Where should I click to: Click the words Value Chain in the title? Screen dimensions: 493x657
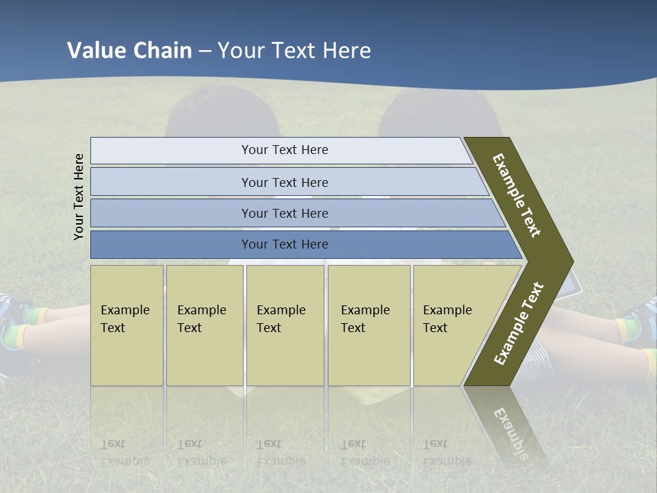coord(129,51)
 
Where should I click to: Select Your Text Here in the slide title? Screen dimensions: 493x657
coord(294,51)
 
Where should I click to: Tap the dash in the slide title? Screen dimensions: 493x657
coord(205,51)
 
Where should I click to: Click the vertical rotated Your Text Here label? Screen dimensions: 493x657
coord(79,197)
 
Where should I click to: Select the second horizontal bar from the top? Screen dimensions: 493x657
coord(284,182)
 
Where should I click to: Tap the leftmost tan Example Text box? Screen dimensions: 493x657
coord(127,325)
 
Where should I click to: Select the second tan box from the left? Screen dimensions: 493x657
coord(204,325)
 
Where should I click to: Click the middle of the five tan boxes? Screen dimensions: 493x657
coord(285,325)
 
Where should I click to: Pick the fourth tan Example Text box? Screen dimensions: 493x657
coord(368,325)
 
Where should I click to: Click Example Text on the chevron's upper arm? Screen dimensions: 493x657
coord(517,196)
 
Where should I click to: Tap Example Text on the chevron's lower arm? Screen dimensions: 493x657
coord(519,323)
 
